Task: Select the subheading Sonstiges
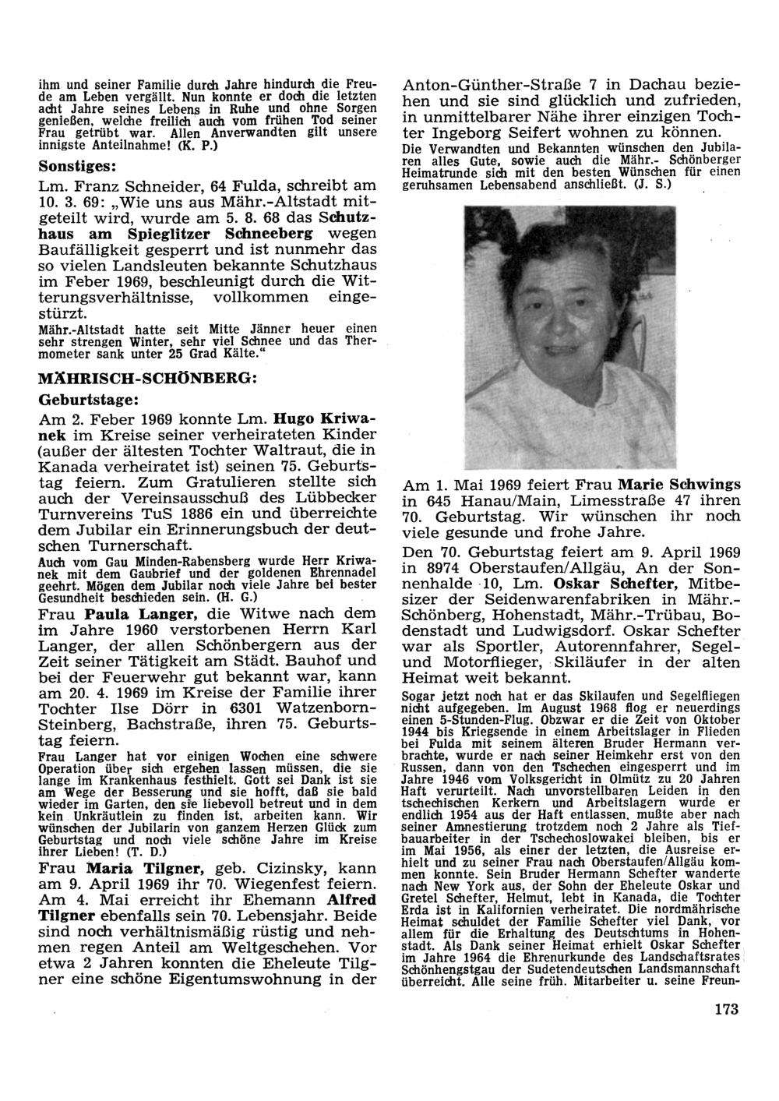[78, 166]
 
